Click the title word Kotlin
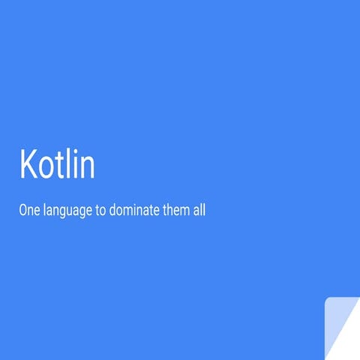57,163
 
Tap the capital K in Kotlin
28,163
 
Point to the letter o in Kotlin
48,167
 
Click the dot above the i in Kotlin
77,151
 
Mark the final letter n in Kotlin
88,167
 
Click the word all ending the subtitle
199,211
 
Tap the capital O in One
22,211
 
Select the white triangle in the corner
349,341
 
